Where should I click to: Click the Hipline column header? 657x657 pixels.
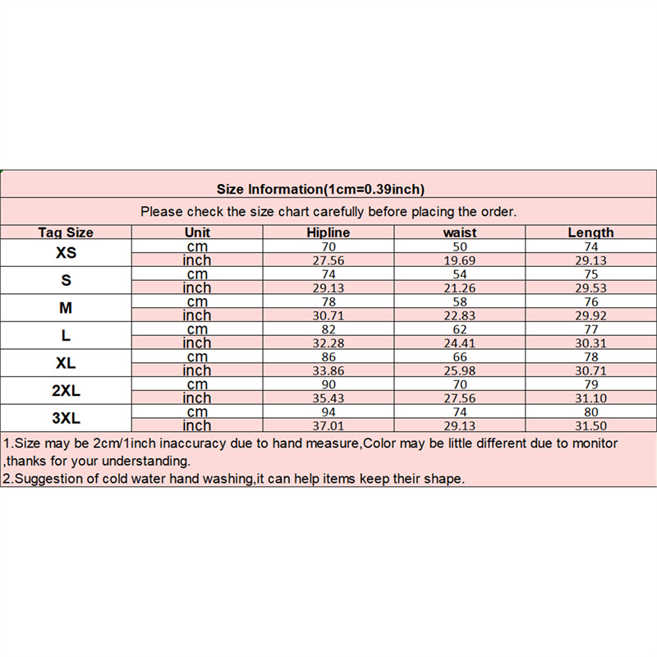[328, 232]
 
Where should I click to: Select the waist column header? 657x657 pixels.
[459, 232]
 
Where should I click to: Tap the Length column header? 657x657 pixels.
[590, 232]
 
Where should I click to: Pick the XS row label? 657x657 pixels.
[66, 253]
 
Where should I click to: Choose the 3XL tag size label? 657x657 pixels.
[66, 418]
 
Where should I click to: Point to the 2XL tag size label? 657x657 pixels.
[66, 391]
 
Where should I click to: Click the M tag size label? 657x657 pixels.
[66, 308]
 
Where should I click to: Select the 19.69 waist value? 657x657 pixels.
[459, 260]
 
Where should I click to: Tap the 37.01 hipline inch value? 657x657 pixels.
[328, 425]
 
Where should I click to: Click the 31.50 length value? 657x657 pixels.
[590, 425]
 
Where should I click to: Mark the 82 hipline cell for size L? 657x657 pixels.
[328, 328]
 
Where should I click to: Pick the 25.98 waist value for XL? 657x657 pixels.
[459, 370]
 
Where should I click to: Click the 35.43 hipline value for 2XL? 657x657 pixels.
[328, 397]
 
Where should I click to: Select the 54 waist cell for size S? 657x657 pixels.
[459, 273]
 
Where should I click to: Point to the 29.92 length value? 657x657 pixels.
[590, 315]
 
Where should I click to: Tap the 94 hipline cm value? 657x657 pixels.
[328, 411]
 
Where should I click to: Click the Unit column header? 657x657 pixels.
[198, 232]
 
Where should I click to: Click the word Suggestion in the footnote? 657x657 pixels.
[58, 479]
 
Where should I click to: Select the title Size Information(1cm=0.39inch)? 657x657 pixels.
[320, 190]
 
